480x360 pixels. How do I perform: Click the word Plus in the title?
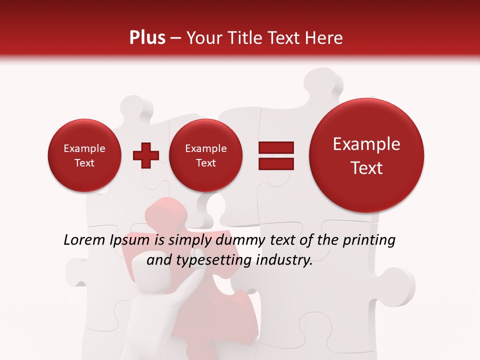(147, 38)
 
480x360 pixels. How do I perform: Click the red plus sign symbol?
(145, 155)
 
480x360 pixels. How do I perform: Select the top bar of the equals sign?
(275, 147)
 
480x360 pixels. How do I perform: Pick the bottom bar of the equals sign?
(275, 163)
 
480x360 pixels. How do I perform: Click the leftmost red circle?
(84, 155)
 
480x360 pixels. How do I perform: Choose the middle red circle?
(205, 155)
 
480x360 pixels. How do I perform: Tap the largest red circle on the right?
(366, 155)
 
